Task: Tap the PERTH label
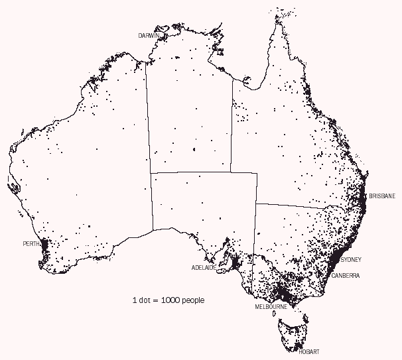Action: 31,244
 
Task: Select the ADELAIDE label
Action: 203,268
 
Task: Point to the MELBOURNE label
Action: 271,307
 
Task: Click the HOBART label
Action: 309,352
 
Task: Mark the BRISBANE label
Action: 382,196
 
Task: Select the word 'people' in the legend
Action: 192,300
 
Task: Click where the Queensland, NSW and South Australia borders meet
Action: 256,204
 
